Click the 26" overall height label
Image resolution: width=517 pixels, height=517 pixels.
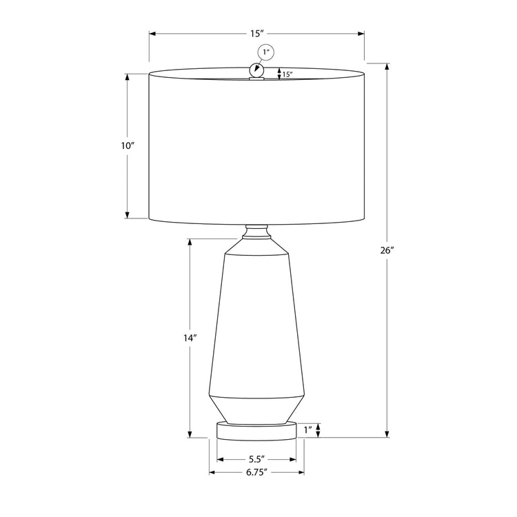(x=387, y=250)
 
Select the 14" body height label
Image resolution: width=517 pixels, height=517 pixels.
(x=190, y=338)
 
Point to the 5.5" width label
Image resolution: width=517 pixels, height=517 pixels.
(x=256, y=459)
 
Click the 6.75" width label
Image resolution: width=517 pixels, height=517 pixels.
(x=256, y=472)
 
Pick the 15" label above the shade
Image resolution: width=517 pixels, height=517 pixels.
(x=256, y=33)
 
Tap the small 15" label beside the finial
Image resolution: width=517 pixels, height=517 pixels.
(x=287, y=74)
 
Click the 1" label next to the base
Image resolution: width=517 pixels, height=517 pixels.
(x=308, y=430)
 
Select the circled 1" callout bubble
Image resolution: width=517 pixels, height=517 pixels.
(x=266, y=52)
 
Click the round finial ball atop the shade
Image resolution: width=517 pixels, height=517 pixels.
(x=257, y=70)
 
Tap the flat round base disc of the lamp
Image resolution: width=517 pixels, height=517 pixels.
(x=256, y=431)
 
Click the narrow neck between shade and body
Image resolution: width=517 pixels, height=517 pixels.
(x=256, y=232)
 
